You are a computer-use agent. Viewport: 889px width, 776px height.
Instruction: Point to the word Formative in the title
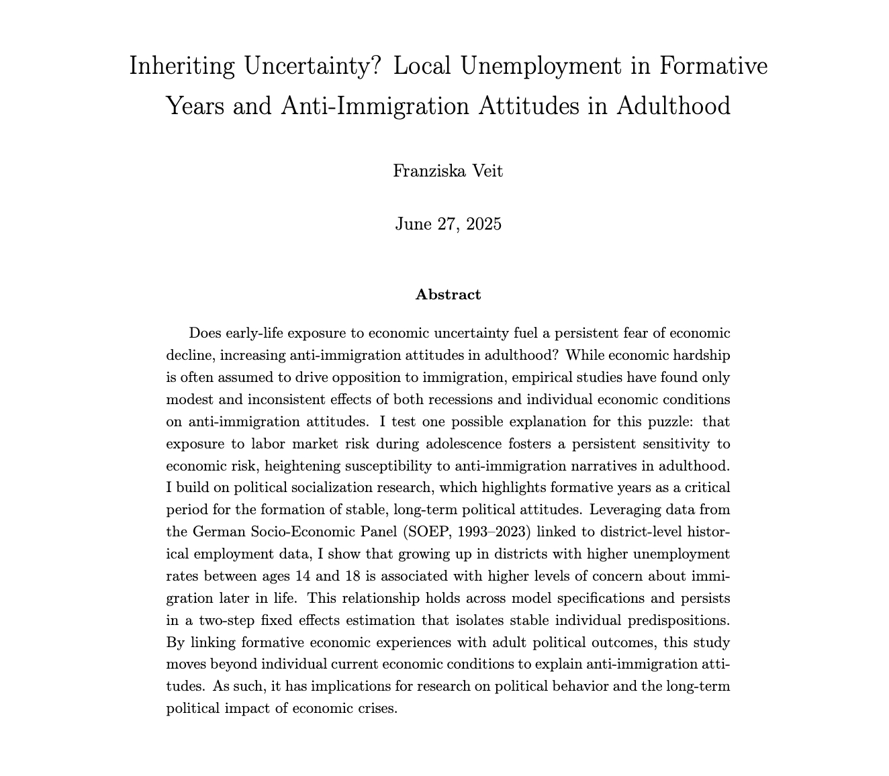(714, 66)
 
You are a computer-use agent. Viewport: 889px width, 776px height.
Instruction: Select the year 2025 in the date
(483, 224)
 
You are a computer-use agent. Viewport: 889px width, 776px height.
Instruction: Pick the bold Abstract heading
(448, 295)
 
